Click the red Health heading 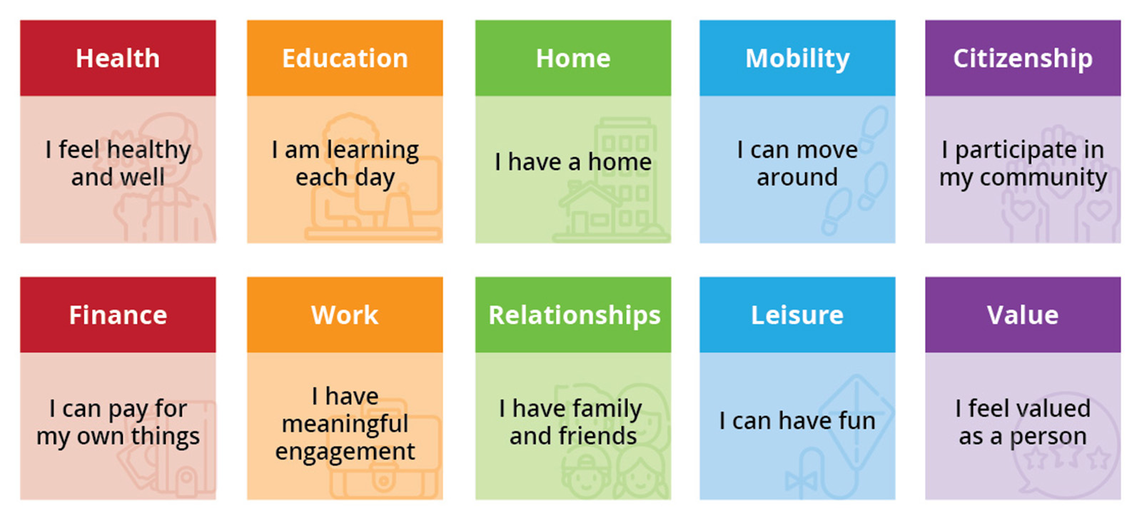118,59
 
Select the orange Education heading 345,59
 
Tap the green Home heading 573,59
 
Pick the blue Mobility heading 797,59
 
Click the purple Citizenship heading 1023,59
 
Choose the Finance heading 118,315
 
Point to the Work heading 345,315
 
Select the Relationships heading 574,315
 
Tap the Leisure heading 797,315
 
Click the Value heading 1023,315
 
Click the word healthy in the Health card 148,151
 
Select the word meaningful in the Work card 345,424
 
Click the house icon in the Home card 591,210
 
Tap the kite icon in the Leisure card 856,414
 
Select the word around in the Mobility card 797,178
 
